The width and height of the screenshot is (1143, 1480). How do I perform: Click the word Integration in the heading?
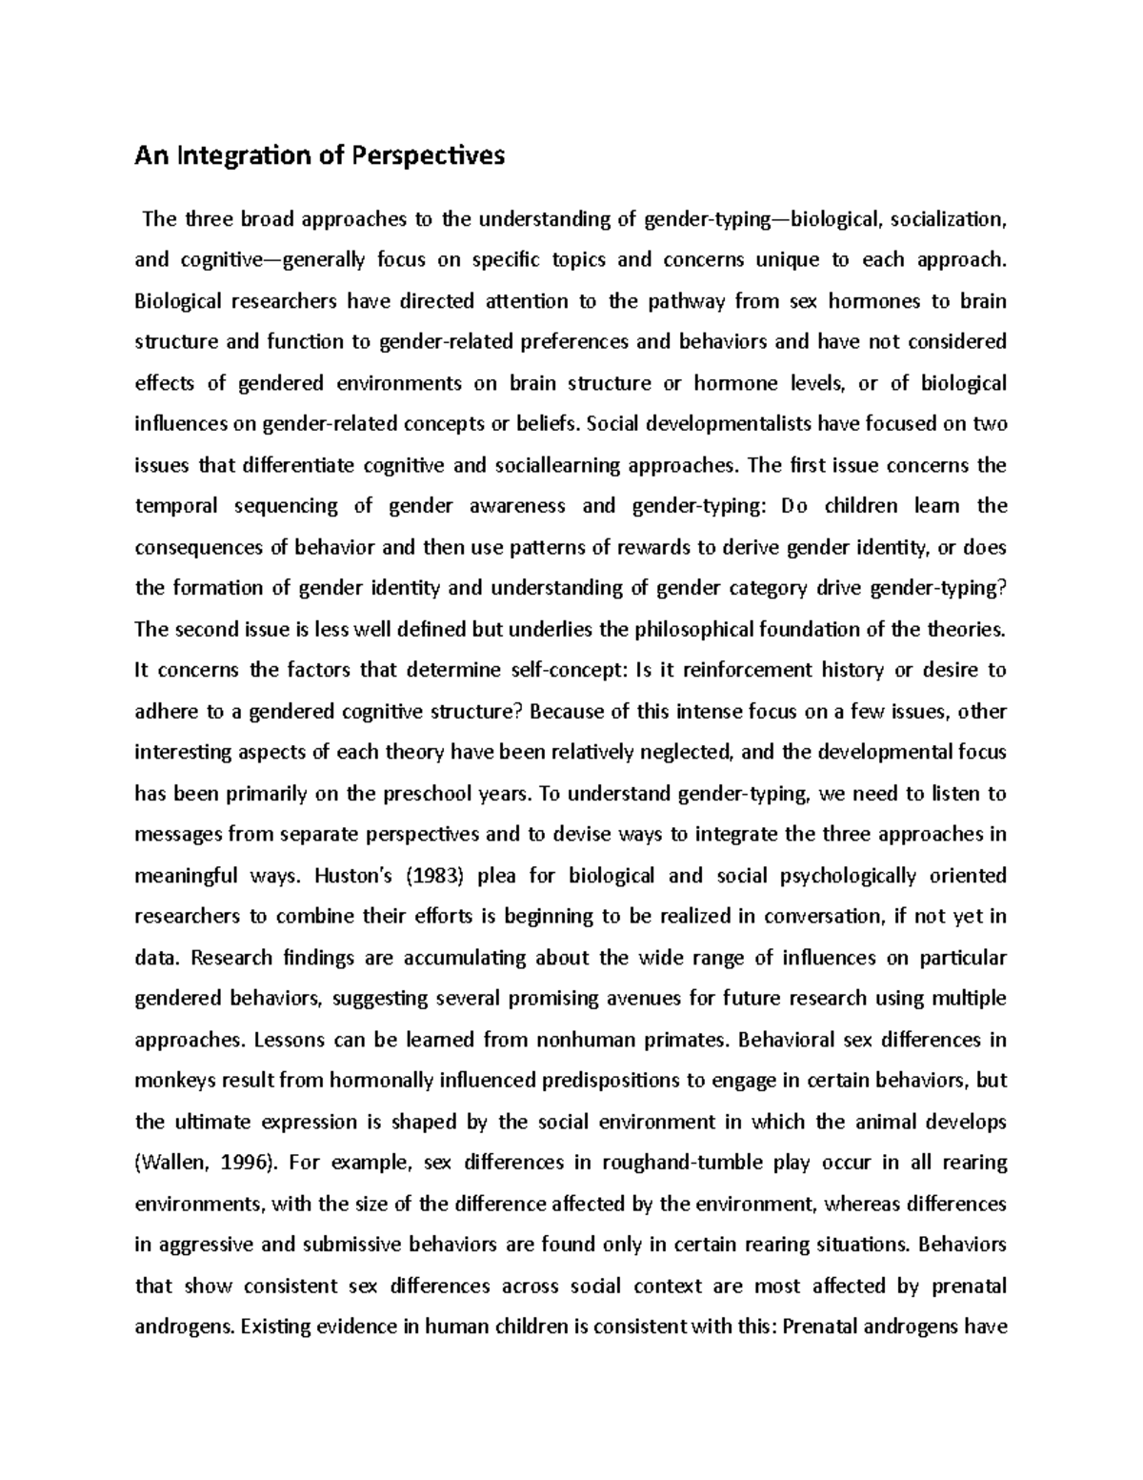240,156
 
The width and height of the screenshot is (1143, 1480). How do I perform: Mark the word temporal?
170,506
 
